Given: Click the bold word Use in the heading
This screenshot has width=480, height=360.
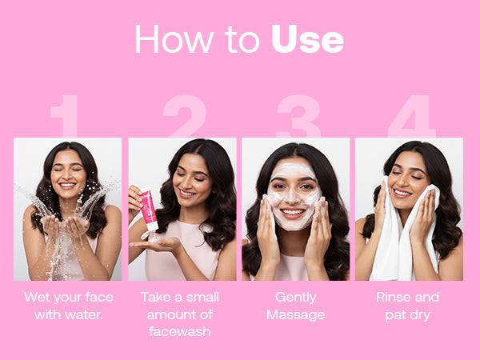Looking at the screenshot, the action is point(307,39).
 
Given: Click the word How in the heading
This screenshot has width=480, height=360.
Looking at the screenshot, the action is point(174,39).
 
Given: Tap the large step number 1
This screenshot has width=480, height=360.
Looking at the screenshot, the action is point(66,116).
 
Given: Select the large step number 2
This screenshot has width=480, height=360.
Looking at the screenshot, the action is point(186,116).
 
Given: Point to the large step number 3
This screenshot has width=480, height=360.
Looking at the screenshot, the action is point(298,116).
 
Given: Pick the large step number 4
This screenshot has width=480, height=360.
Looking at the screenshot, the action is point(412,116).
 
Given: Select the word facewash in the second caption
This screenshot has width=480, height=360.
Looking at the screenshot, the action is point(180,331).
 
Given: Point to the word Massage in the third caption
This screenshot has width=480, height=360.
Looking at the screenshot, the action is point(296,315).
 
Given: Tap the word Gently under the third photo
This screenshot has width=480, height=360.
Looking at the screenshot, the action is point(296,298).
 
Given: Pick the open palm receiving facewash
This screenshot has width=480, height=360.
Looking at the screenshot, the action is point(155,245).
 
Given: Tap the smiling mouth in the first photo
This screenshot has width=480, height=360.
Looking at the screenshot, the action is point(67,186).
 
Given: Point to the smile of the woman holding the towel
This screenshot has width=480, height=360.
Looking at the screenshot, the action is point(402,193).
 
